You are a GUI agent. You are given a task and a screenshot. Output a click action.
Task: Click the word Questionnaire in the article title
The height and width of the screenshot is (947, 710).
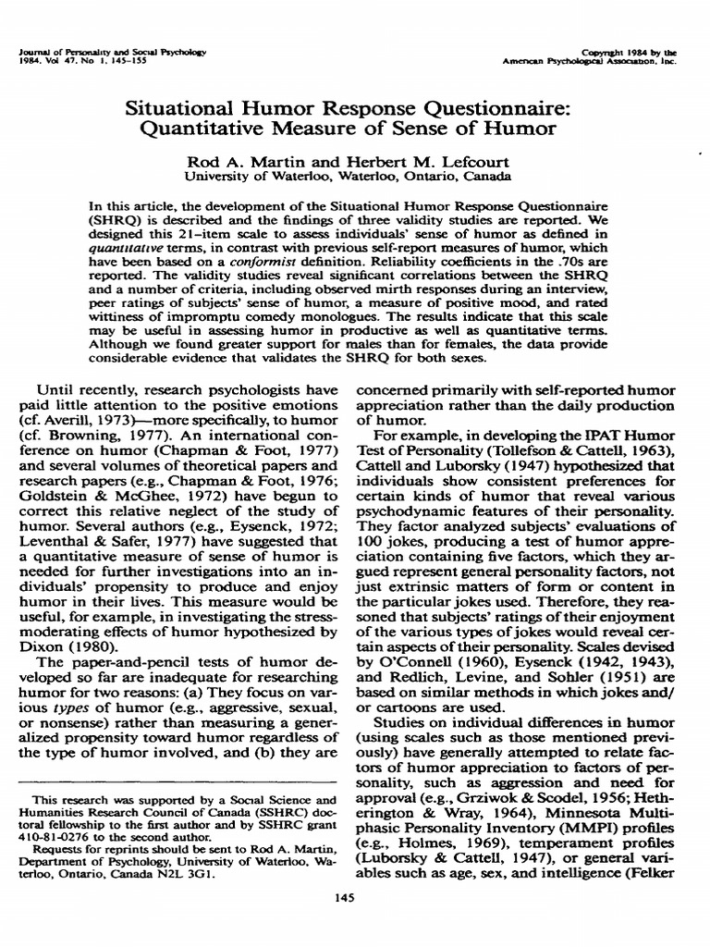(x=504, y=105)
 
